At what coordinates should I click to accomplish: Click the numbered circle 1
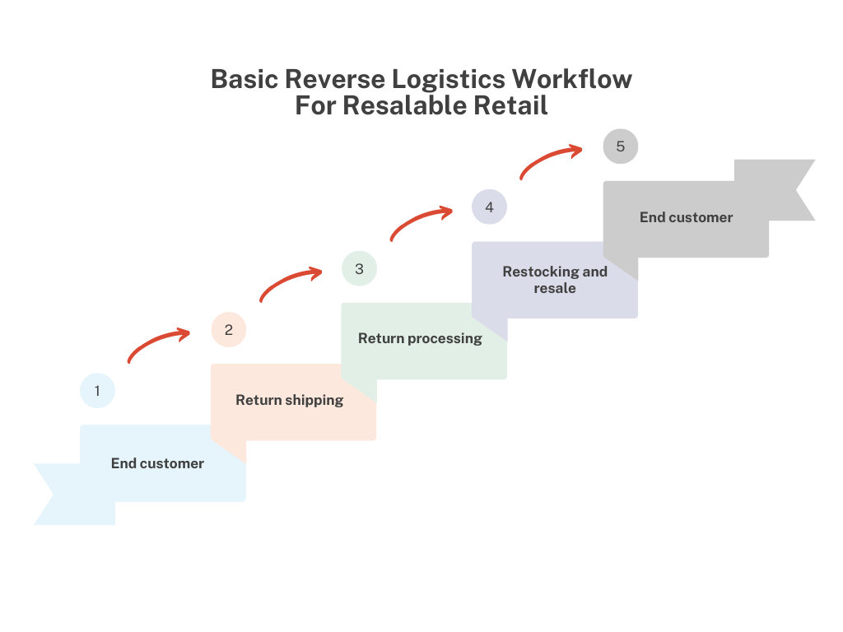[97, 391]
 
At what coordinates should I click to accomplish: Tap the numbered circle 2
[228, 330]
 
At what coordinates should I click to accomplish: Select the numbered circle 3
[359, 269]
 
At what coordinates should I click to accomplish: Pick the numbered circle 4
[489, 207]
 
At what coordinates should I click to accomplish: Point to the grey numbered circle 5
[620, 146]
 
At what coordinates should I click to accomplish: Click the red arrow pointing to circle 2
[158, 344]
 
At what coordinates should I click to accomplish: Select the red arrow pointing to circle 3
[290, 282]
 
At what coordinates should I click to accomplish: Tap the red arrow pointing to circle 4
[421, 221]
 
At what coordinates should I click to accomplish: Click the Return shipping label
[289, 400]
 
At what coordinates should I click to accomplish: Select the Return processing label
[420, 338]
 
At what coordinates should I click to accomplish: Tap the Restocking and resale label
[555, 280]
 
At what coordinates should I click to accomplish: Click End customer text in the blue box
[157, 463]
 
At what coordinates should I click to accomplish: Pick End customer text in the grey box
[686, 217]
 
